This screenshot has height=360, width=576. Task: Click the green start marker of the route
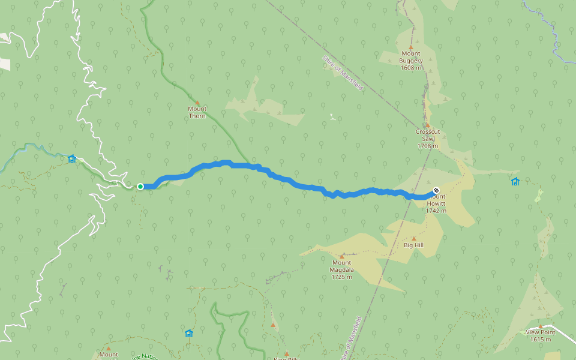coord(140,187)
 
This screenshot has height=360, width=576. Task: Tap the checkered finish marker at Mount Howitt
coord(436,191)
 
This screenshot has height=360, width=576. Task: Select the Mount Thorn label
coord(197,112)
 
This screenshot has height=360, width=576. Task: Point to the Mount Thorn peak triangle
coord(197,103)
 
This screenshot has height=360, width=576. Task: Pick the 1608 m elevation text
coord(411,68)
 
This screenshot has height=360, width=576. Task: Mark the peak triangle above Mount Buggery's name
coord(411,47)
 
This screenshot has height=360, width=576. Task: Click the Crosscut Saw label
coord(428,135)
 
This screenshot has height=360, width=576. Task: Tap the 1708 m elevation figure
coord(428,146)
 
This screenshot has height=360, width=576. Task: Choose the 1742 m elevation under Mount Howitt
coord(436,211)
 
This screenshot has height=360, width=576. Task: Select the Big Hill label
coord(413,245)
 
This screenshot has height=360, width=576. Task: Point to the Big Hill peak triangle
coord(413,238)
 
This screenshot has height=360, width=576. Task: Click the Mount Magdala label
coord(342,266)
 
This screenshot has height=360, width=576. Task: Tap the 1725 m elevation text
coord(342,277)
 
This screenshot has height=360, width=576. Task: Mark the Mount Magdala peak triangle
coord(342,256)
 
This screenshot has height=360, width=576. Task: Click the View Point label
coord(540,332)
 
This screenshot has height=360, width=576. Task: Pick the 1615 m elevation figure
coord(540,339)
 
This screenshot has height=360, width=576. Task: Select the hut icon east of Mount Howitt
coord(515,181)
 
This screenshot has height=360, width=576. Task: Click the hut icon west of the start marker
coord(72,159)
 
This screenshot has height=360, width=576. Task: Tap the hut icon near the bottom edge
coord(189,333)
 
